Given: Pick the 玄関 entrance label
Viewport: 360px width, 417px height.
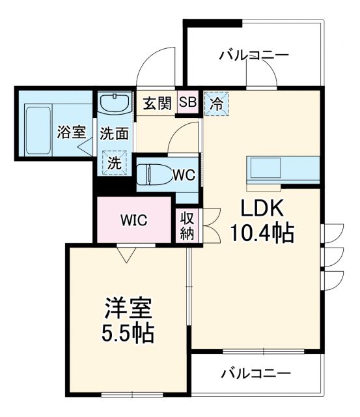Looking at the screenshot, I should point(157,103).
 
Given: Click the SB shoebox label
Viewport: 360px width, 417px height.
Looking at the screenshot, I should point(187,102).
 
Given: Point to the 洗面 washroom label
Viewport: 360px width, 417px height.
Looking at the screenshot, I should point(113,134).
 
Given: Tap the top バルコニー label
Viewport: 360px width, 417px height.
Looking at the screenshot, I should point(253,55).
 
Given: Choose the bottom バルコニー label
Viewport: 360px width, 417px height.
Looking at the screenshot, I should point(255,374).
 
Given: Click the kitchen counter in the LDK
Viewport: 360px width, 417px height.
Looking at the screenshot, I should point(283,169).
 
